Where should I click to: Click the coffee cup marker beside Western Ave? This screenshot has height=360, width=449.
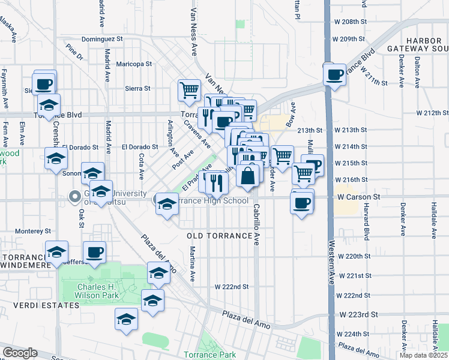(x=335, y=76)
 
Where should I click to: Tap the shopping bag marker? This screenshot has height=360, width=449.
(x=247, y=175)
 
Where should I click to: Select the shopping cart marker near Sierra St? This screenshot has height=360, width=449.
(x=189, y=90)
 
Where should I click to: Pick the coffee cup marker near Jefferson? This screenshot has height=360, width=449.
(x=95, y=252)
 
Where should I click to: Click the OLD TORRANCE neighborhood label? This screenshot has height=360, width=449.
(x=219, y=236)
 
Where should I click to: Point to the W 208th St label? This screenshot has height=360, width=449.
(x=349, y=22)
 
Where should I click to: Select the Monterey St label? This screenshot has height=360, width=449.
(x=33, y=231)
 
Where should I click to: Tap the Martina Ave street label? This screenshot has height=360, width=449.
(x=193, y=264)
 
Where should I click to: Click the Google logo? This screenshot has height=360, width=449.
(x=20, y=353)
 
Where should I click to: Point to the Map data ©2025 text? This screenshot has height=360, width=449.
(x=423, y=355)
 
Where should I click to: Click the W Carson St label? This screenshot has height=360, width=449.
(x=359, y=197)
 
